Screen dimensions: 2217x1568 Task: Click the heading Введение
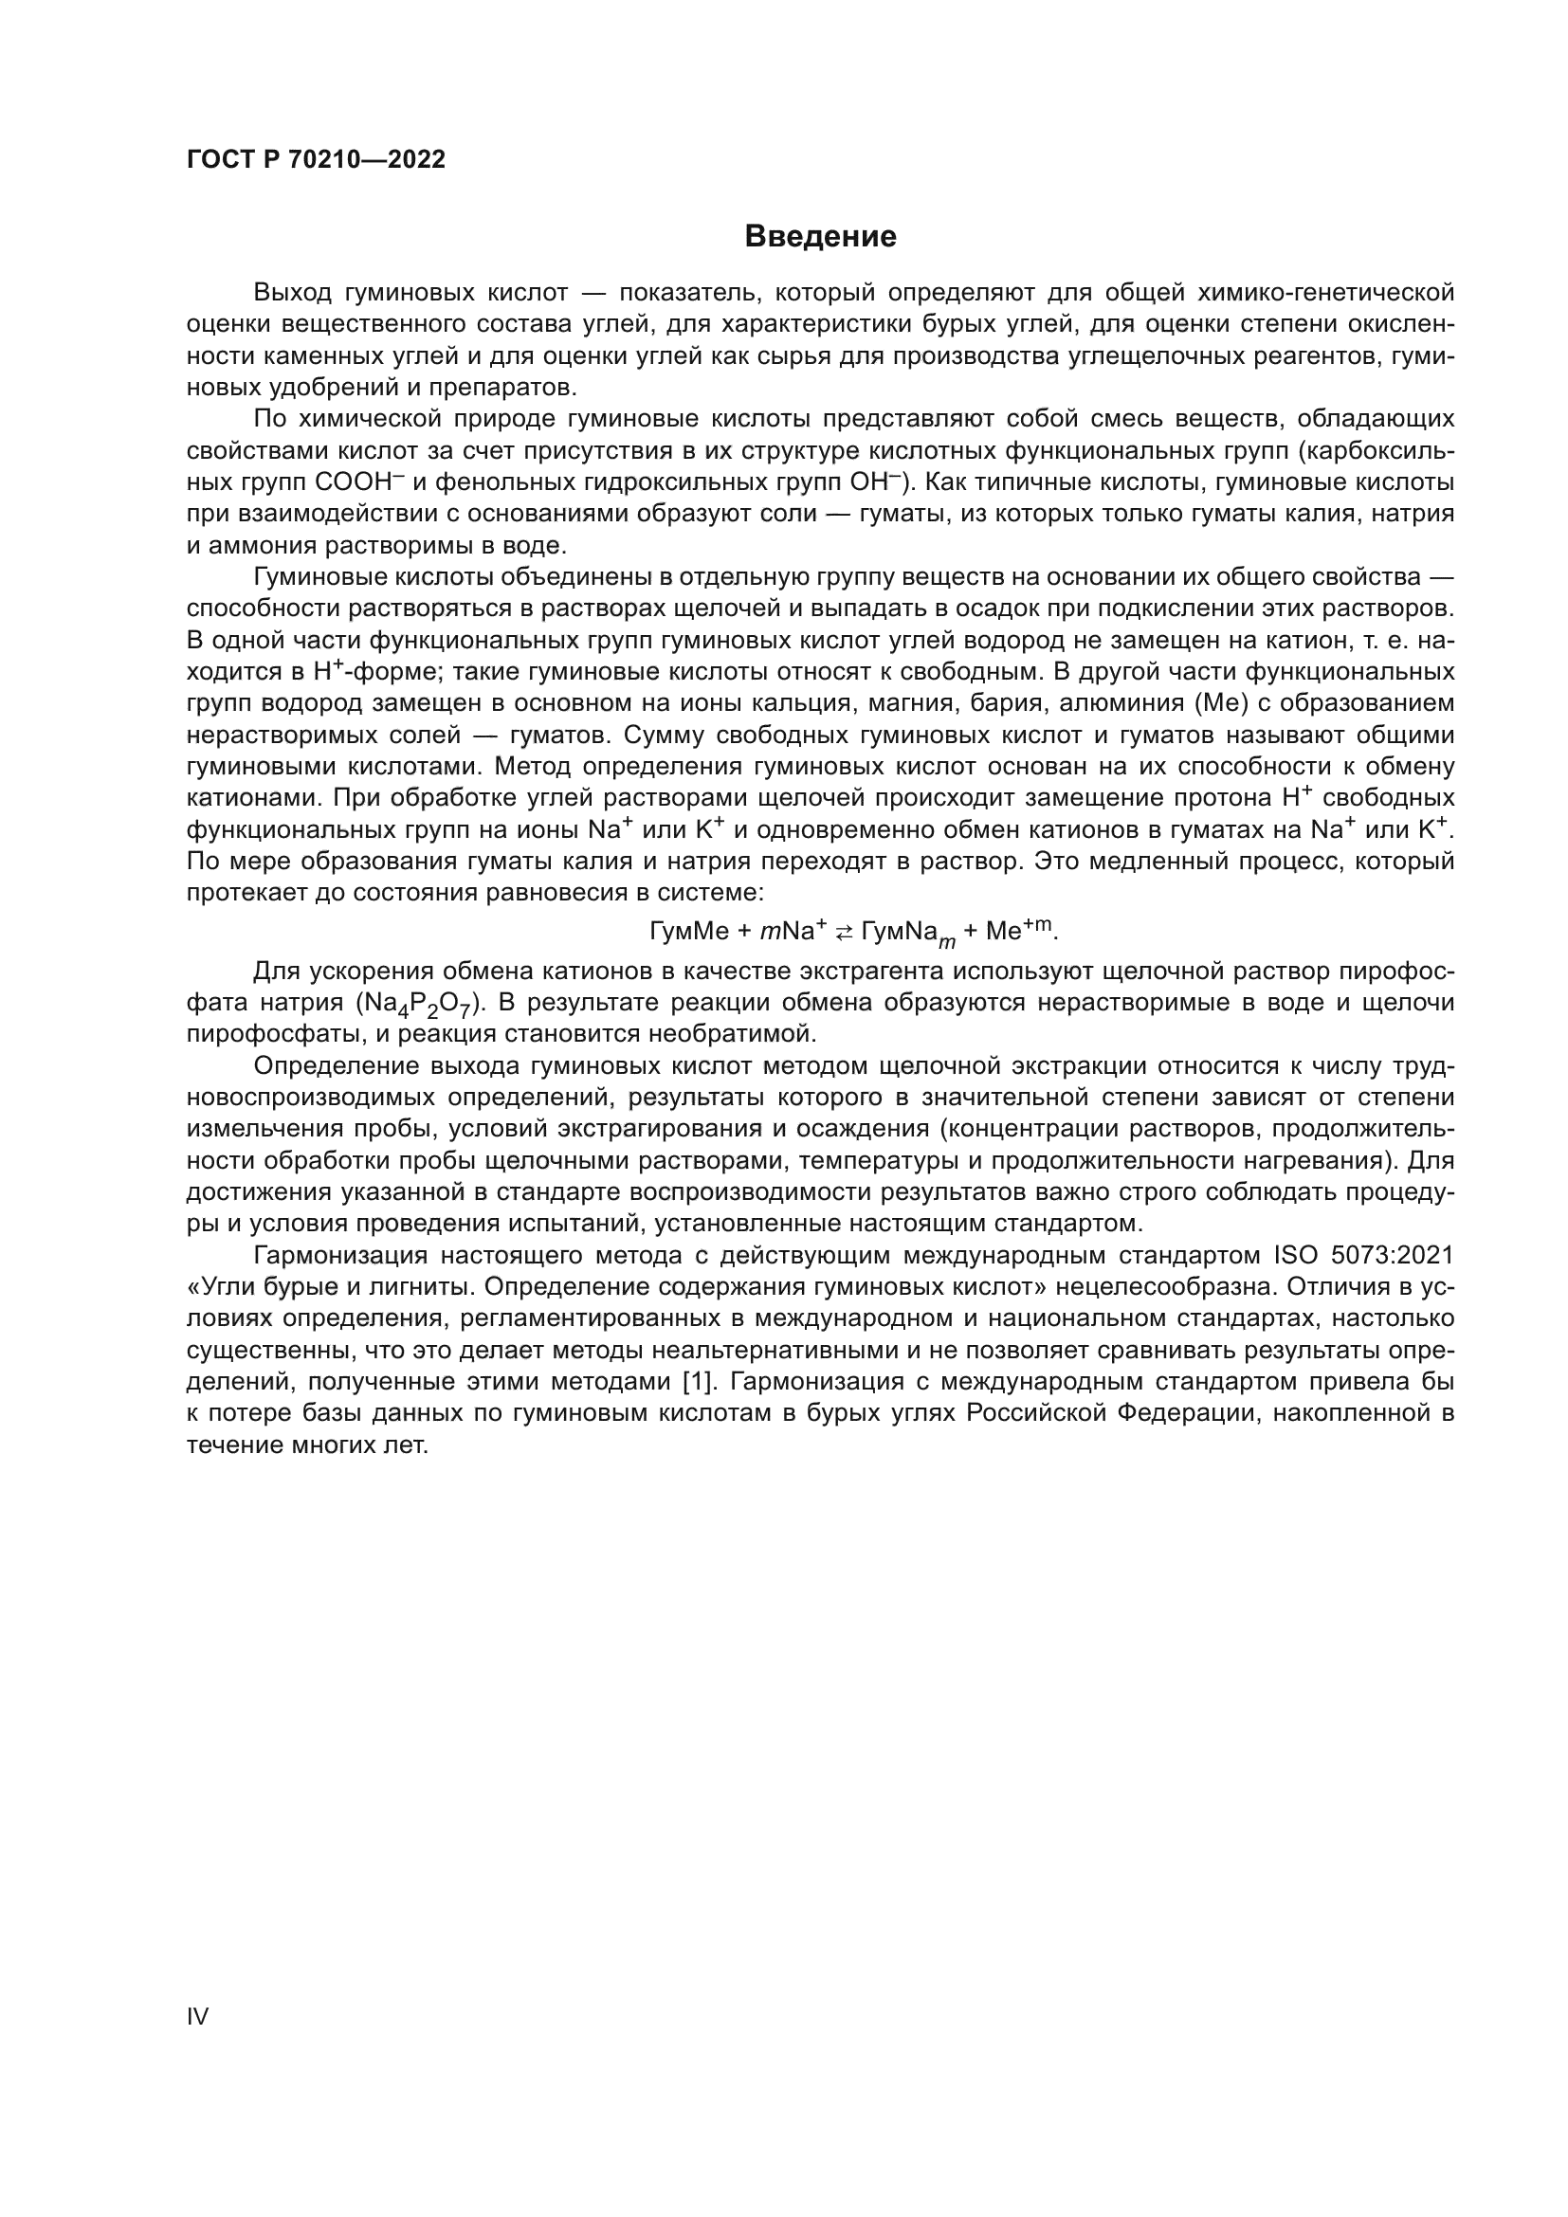point(820,237)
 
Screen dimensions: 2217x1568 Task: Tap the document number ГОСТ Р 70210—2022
point(316,159)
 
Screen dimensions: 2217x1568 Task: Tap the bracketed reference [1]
point(696,1382)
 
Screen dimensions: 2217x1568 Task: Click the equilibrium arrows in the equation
point(844,932)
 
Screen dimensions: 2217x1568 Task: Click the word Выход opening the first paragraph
point(292,293)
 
